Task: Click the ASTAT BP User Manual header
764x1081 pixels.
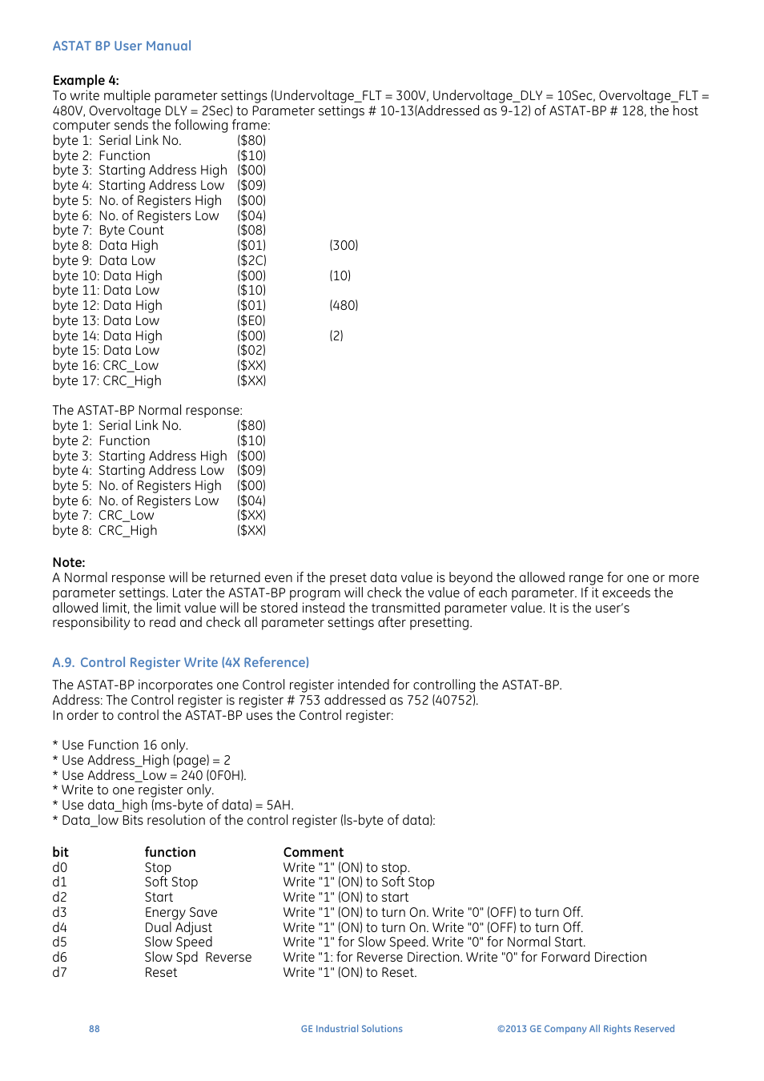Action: pos(122,46)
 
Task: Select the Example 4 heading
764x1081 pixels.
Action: pos(86,80)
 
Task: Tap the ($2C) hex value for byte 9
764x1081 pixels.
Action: pos(251,260)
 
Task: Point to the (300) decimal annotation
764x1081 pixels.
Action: pos(344,245)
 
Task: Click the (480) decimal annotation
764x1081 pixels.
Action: pos(344,305)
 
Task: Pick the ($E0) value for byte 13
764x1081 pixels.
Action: pos(251,320)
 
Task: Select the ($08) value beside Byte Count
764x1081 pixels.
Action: pos(251,230)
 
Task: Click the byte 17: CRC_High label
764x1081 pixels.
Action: pos(107,380)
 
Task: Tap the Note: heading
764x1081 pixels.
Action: pos(69,562)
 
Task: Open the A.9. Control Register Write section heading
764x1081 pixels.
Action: pos(180,662)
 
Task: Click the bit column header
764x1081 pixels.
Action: pos(61,852)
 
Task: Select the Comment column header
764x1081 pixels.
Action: pos(313,852)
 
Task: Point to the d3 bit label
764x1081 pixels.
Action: pos(60,912)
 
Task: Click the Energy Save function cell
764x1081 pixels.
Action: pos(181,912)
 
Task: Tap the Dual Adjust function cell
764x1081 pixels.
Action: pos(178,927)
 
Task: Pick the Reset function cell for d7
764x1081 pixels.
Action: pos(161,972)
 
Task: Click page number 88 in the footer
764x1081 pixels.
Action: pos(94,1029)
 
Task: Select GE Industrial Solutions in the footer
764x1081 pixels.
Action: pos(352,1029)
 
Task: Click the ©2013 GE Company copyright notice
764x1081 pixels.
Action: pos(585,1029)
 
